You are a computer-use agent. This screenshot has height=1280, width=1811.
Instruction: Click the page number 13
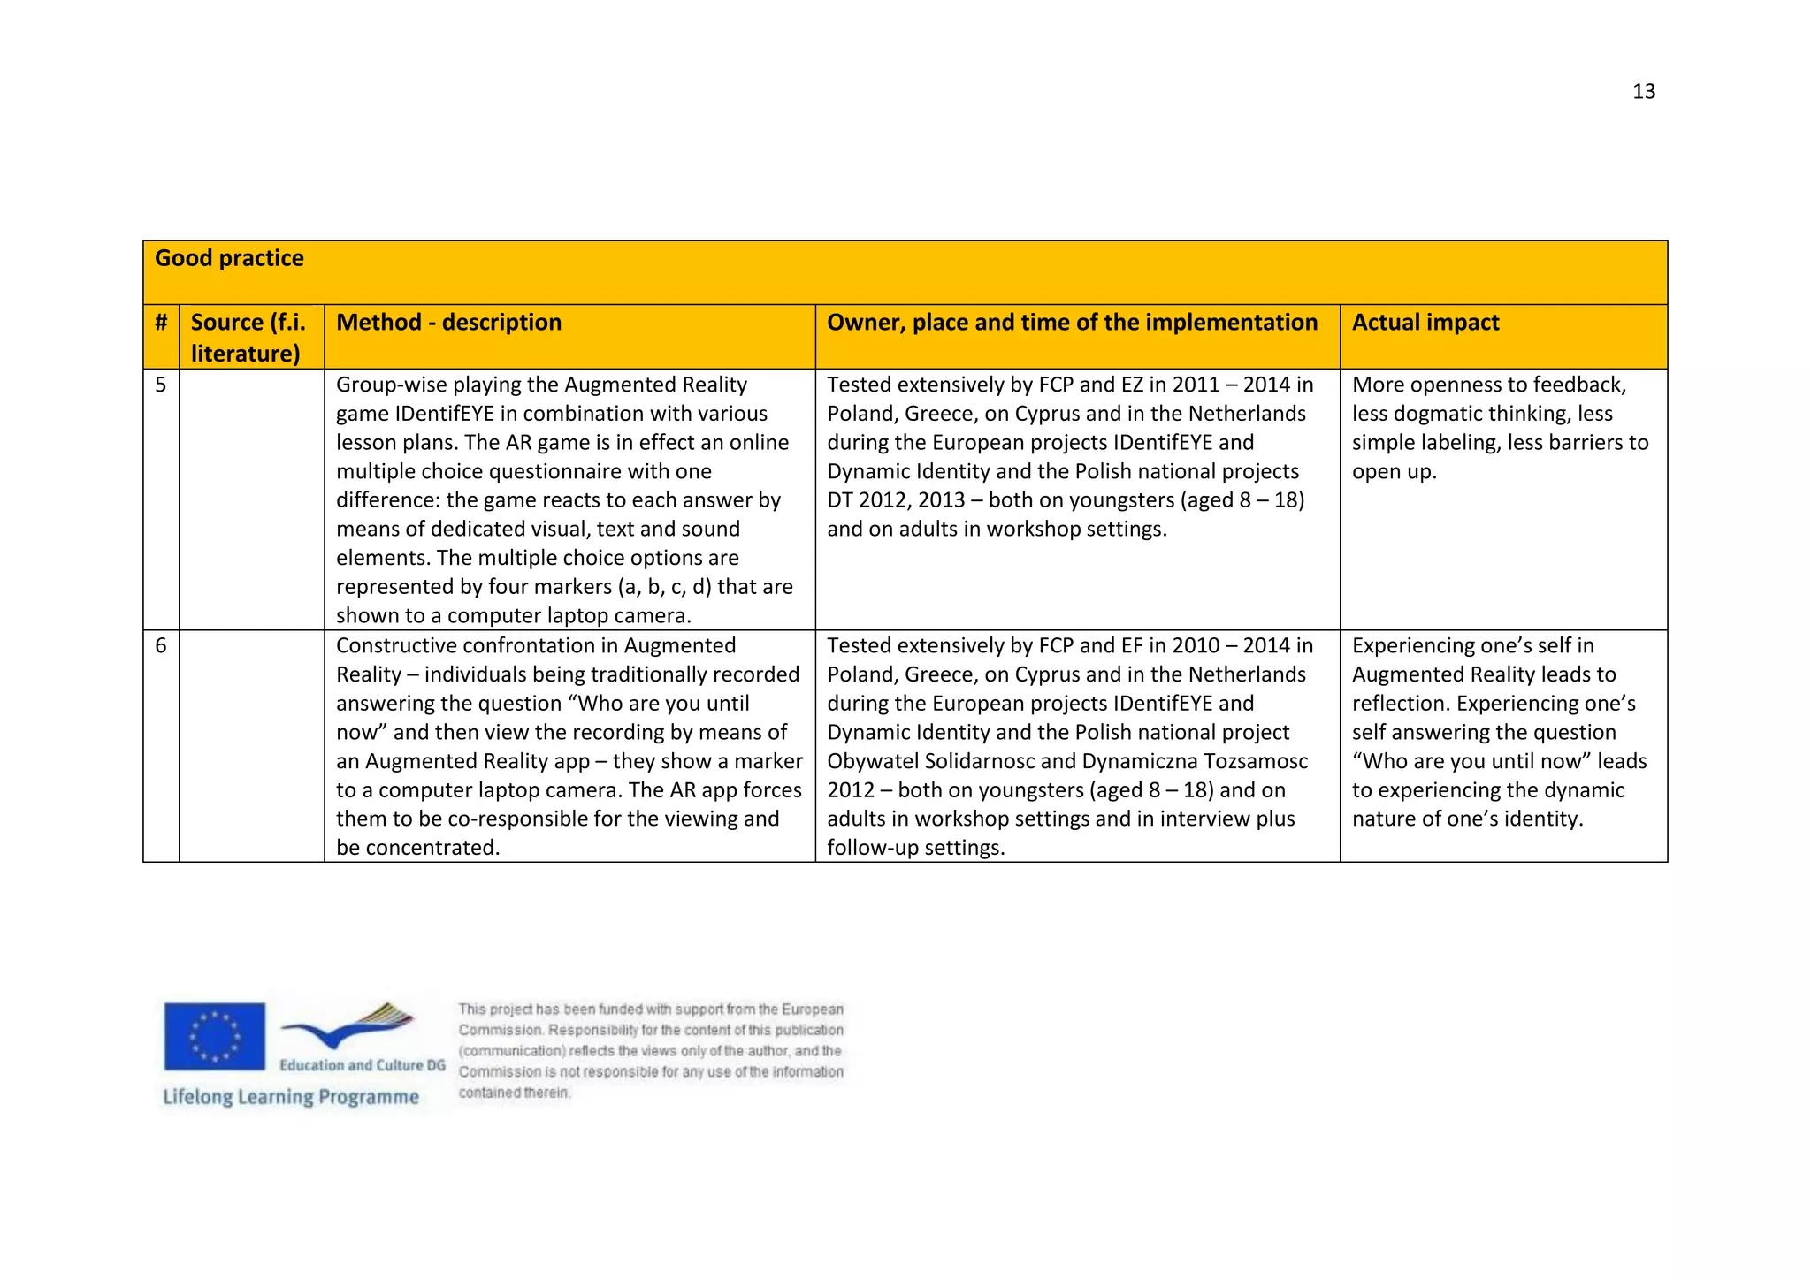(1643, 91)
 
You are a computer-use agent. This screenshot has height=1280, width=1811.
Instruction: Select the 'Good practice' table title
(229, 258)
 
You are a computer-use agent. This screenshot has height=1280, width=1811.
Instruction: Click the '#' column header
(161, 323)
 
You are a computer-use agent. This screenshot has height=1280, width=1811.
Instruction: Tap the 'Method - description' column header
(448, 323)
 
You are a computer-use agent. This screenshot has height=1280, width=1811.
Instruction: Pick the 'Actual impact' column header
(1425, 323)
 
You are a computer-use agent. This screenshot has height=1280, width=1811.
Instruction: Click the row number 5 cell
(161, 385)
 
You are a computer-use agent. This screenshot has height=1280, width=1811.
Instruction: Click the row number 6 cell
(161, 645)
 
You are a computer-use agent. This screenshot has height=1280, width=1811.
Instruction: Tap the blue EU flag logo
(214, 1036)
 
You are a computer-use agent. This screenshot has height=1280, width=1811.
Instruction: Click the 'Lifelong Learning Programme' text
(291, 1097)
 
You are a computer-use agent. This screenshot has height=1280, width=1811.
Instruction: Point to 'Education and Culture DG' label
(363, 1065)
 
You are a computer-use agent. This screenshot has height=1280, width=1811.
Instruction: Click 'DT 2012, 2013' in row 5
(896, 500)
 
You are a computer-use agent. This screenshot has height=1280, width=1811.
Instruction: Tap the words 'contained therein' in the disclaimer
(514, 1093)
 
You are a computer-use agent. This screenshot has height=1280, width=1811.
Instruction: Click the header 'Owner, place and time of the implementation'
(1072, 323)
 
